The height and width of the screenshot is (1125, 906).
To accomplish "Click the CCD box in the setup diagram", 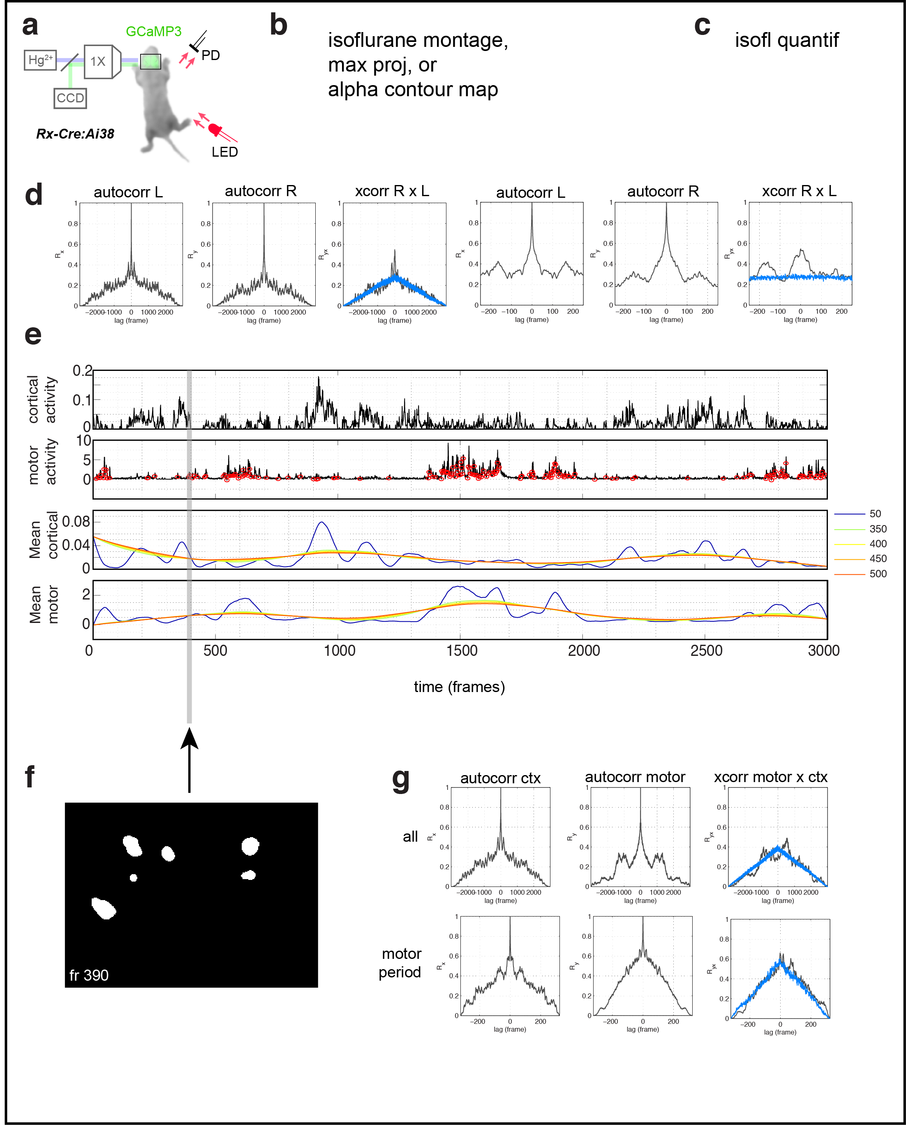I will coord(70,98).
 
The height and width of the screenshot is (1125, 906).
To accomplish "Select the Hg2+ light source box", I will coord(40,60).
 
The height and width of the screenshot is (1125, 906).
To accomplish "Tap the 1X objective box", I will coord(99,62).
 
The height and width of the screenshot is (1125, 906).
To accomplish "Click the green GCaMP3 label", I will coord(153,31).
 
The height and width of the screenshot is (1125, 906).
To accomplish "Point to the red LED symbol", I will coord(215,129).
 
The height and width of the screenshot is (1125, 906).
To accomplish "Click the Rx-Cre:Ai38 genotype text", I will coord(75,134).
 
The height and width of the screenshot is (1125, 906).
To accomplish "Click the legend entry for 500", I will coord(878,574).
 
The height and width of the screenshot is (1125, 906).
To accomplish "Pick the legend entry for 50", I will coord(875,514).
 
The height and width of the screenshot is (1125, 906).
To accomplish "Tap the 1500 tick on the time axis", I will coord(462,651).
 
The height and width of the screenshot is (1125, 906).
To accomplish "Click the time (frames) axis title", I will coord(459,687).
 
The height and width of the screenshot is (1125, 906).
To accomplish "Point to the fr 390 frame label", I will coord(89,975).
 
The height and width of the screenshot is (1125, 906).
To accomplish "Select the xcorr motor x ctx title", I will coord(770,777).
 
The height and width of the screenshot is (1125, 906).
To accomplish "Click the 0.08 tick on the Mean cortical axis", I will coord(76,521).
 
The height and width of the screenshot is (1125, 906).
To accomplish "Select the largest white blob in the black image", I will coord(103,908).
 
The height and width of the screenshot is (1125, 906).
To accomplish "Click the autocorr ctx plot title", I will coord(500,778).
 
